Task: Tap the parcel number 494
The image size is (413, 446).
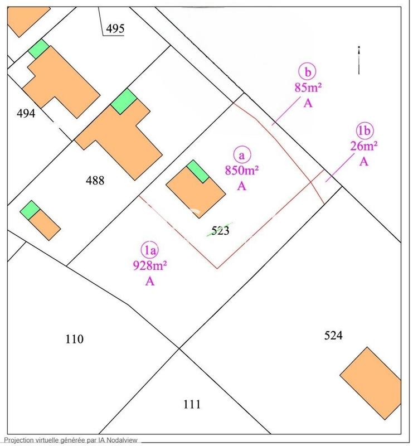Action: (26, 113)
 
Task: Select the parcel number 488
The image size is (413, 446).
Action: (95, 180)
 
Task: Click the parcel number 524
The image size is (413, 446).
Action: (333, 335)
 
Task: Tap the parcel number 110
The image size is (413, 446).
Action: (74, 339)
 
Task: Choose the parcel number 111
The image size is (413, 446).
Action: (191, 404)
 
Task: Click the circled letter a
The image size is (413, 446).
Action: (241, 154)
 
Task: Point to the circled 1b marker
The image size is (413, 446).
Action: (364, 131)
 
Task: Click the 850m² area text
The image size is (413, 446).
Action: (241, 171)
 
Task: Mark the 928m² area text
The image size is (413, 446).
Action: (149, 265)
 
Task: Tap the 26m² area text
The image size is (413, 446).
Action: (364, 147)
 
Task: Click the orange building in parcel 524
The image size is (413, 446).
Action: (371, 383)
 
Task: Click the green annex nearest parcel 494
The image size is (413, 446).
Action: (38, 49)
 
